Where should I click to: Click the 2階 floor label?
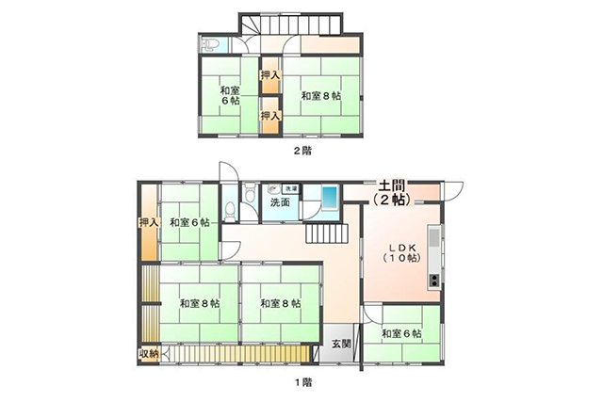coord(302,151)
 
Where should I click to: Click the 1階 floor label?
coord(303,382)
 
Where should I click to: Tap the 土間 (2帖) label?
coord(392,193)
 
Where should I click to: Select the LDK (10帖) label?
coord(402,253)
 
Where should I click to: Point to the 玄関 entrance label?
coord(341,344)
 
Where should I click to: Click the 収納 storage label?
coord(149,354)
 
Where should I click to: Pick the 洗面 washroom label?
coord(280,202)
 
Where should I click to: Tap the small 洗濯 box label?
coord(290,188)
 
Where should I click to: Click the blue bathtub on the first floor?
coord(329,198)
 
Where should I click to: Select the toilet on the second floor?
coord(209,45)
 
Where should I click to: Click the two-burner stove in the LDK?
coord(434,281)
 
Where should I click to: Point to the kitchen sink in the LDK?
coord(434,238)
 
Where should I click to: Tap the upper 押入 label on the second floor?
coord(270,75)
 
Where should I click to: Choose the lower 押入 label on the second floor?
coord(270,115)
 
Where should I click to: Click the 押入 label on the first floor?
coord(149,222)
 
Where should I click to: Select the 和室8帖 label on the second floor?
coord(320,96)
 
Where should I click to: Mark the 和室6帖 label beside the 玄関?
coord(401,333)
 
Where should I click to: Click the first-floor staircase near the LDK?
coord(327,233)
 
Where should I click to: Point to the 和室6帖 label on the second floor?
coord(230,96)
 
